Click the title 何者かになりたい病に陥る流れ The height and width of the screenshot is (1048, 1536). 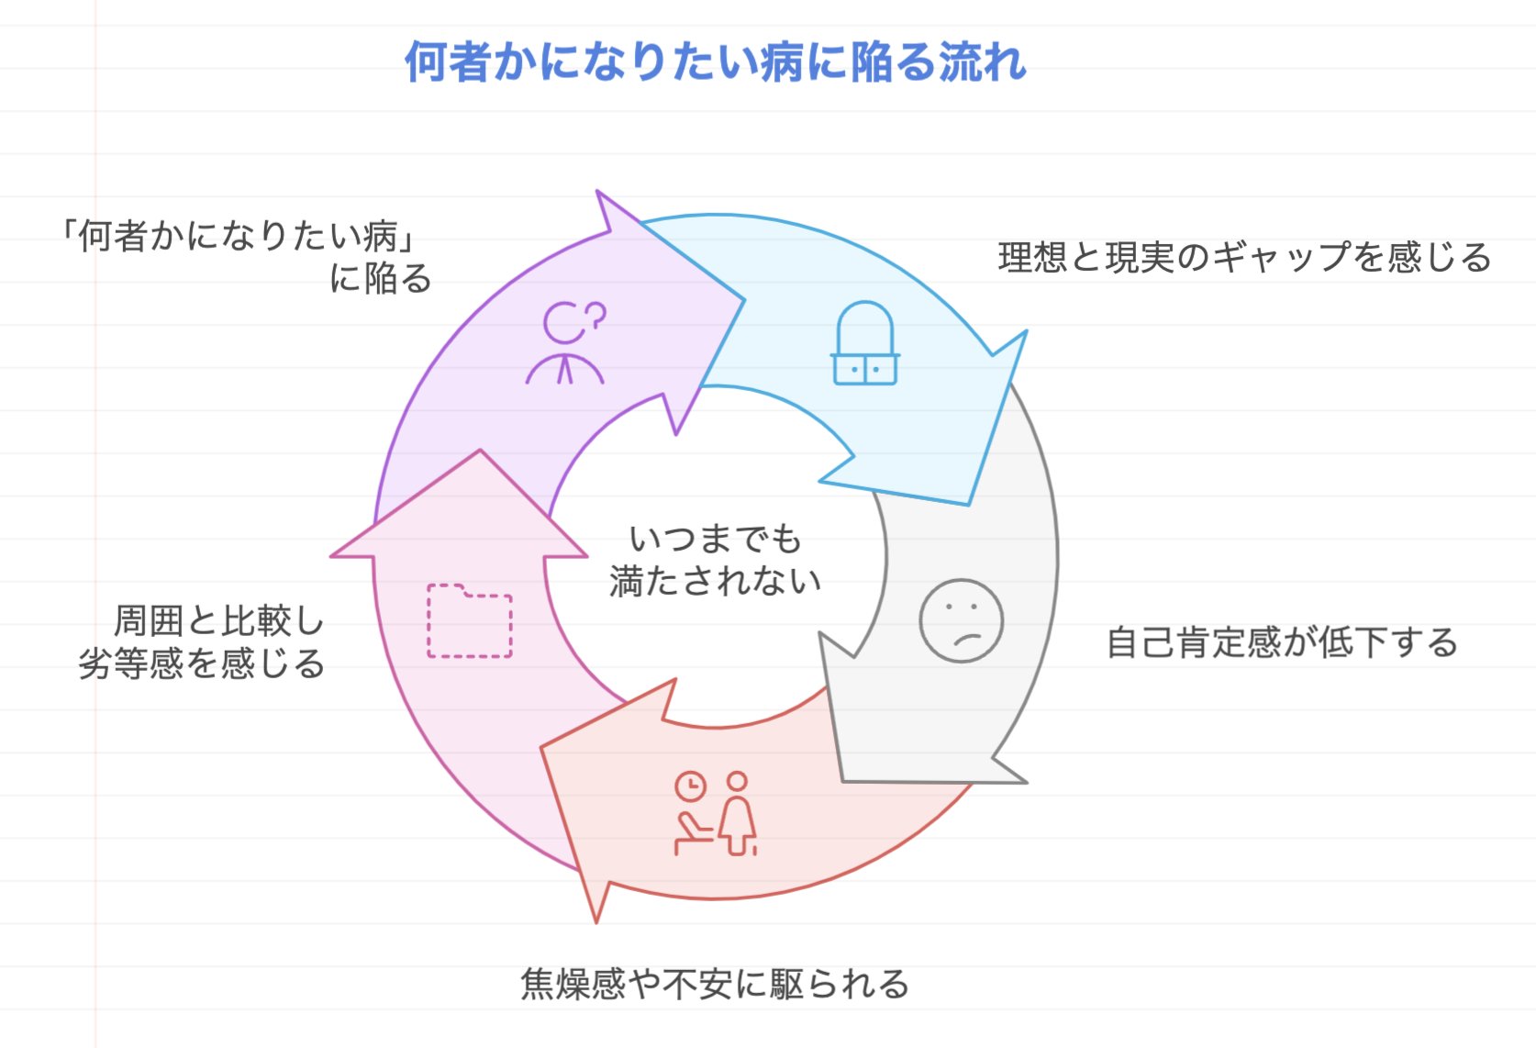(x=715, y=61)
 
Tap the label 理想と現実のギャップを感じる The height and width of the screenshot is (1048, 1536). (x=1244, y=258)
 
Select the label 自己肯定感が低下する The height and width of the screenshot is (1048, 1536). (x=1282, y=642)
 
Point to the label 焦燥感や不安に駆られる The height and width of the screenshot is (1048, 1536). (x=715, y=984)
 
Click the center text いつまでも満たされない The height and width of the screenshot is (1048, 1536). (x=715, y=560)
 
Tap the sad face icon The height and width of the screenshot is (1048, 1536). (x=961, y=620)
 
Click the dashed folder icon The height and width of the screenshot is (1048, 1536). (x=470, y=620)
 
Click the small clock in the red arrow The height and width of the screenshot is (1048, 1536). (x=690, y=786)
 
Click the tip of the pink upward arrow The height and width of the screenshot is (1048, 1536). (x=479, y=452)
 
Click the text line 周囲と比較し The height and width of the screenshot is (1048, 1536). (x=219, y=621)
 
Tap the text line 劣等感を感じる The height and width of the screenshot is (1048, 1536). (x=202, y=663)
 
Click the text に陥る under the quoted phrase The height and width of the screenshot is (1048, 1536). (x=381, y=279)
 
